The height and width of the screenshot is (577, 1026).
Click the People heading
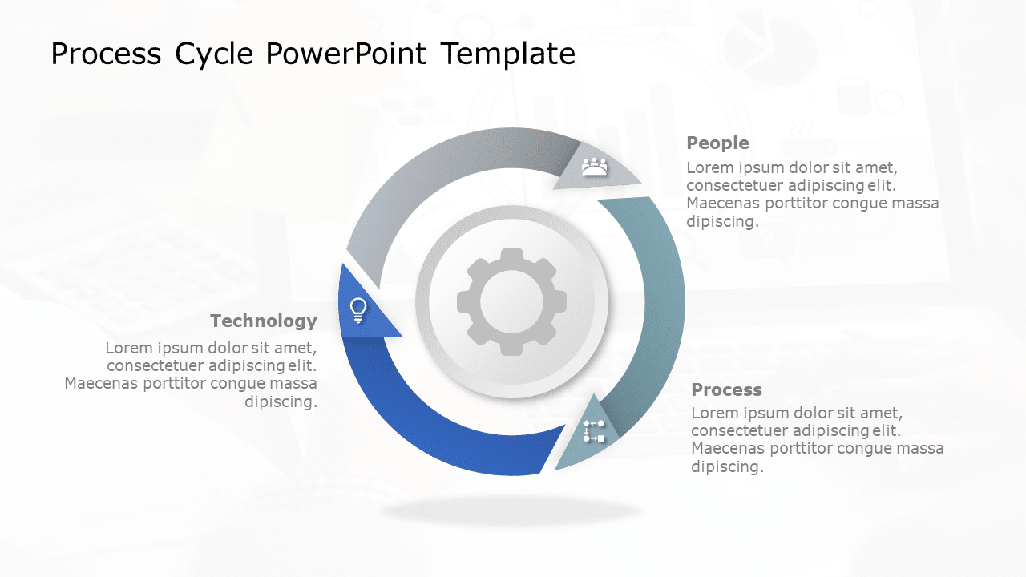(x=717, y=143)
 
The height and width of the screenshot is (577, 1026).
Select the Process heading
(x=726, y=390)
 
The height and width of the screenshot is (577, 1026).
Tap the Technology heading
(x=263, y=321)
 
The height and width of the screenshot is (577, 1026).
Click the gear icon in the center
(x=511, y=301)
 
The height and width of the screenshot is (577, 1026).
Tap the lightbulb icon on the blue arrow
(x=358, y=309)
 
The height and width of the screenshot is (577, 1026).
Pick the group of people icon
(x=594, y=167)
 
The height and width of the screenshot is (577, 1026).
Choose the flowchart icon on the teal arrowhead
(x=594, y=431)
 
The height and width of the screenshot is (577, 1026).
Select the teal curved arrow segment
(x=657, y=305)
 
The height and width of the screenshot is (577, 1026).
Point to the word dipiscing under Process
(x=726, y=466)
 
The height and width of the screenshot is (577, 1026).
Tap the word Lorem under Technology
(x=127, y=349)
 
